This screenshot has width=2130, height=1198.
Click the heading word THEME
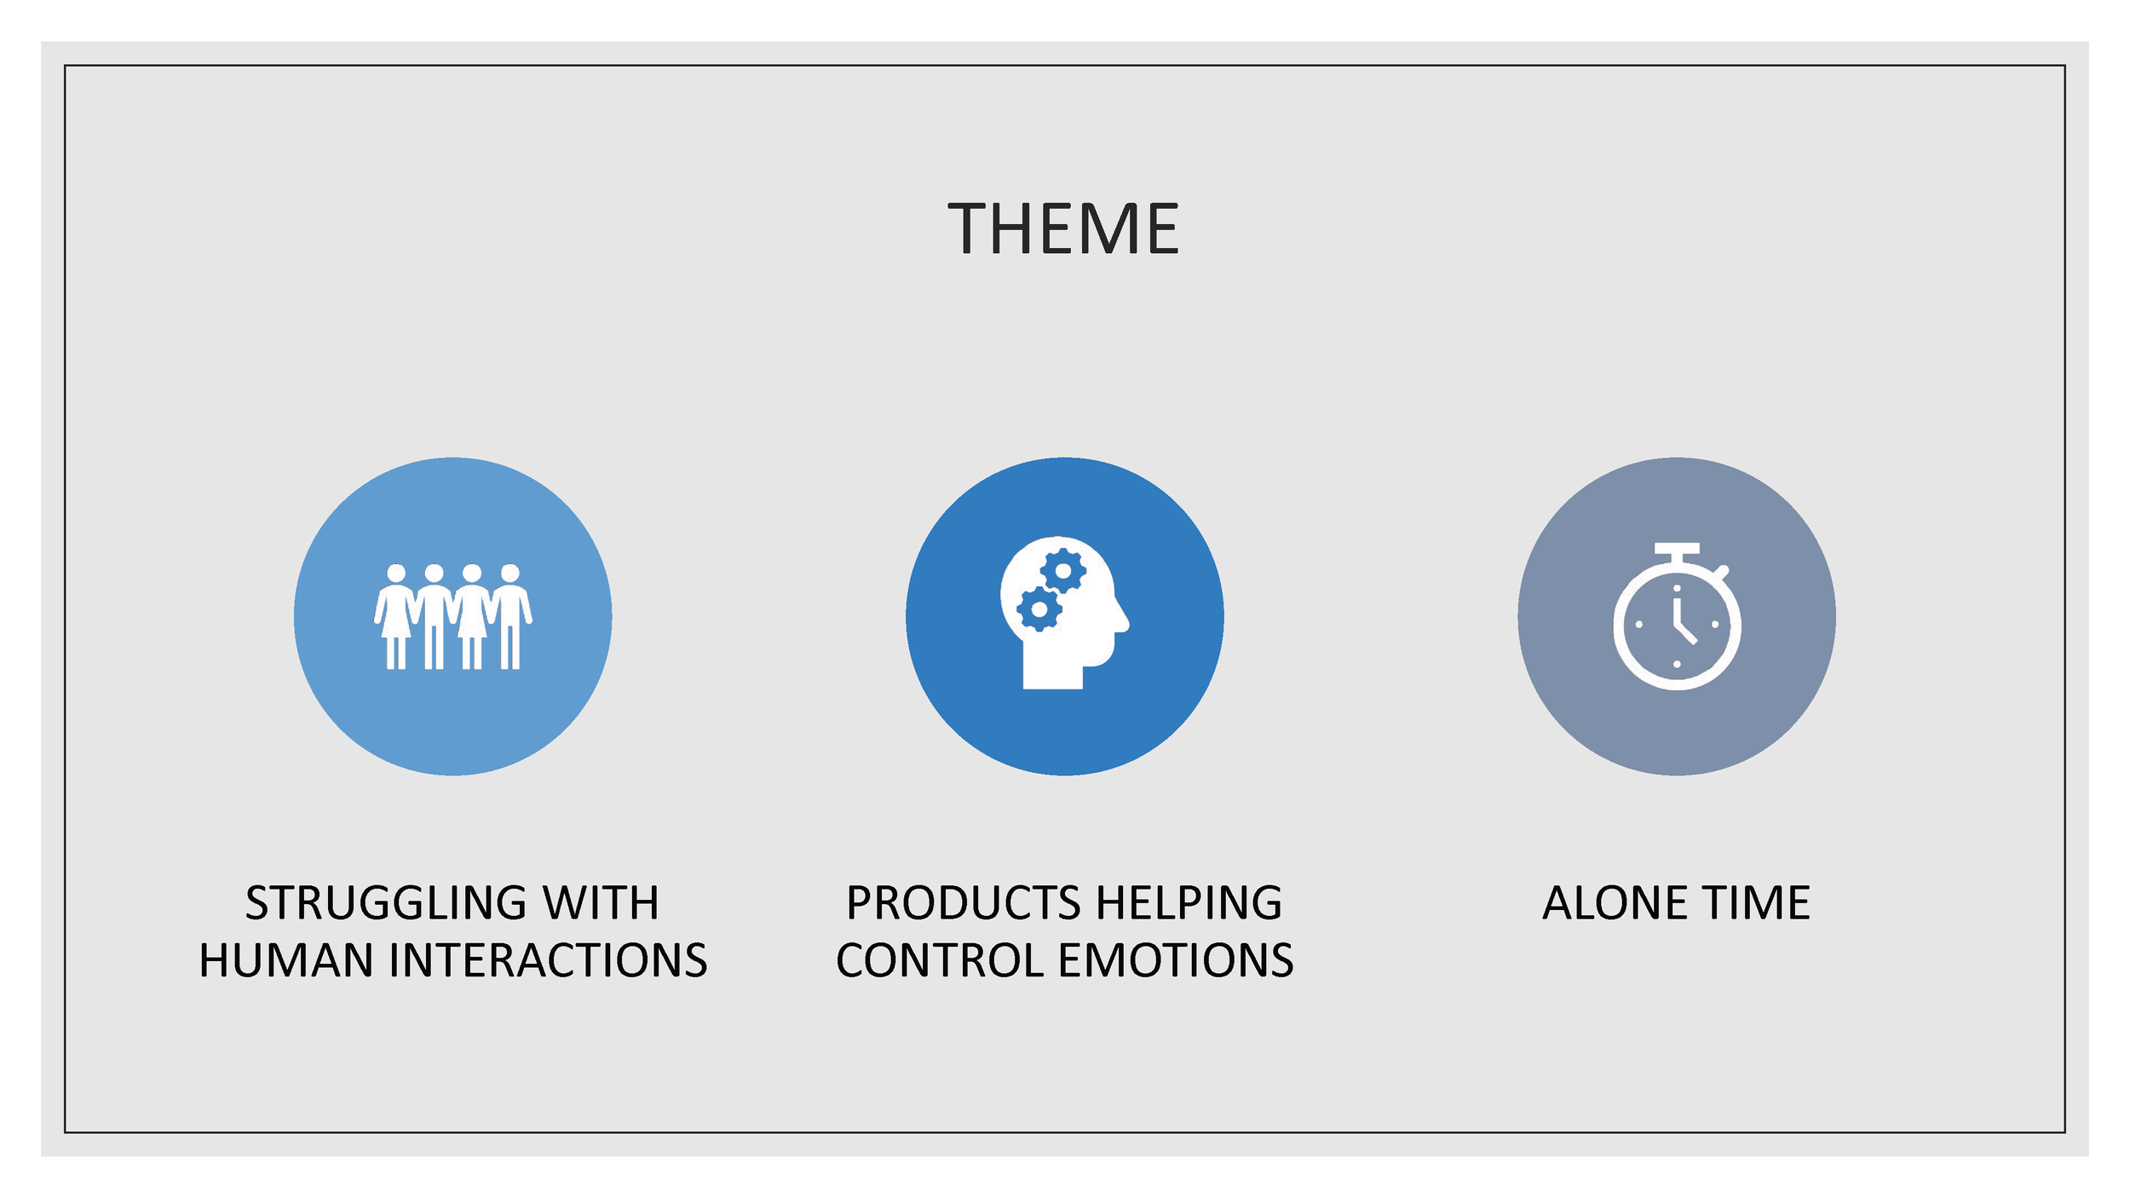[1064, 228]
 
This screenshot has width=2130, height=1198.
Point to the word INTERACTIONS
[549, 960]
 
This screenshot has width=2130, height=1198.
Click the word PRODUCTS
[964, 903]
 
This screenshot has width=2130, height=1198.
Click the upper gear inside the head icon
[1063, 570]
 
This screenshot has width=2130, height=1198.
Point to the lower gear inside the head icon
[1039, 609]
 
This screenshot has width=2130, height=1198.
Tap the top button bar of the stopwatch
[1677, 549]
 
